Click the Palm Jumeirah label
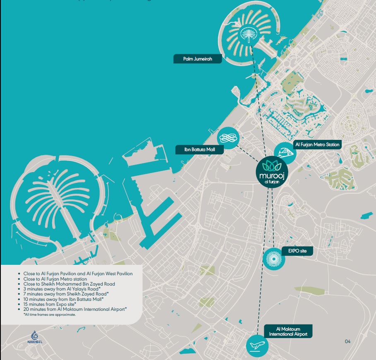pyautogui.click(x=197, y=59)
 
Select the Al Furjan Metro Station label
pyautogui.click(x=317, y=144)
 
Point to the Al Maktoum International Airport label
pyautogui.click(x=286, y=331)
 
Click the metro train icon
pyautogui.click(x=285, y=152)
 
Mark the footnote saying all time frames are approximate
pyautogui.click(x=50, y=314)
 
